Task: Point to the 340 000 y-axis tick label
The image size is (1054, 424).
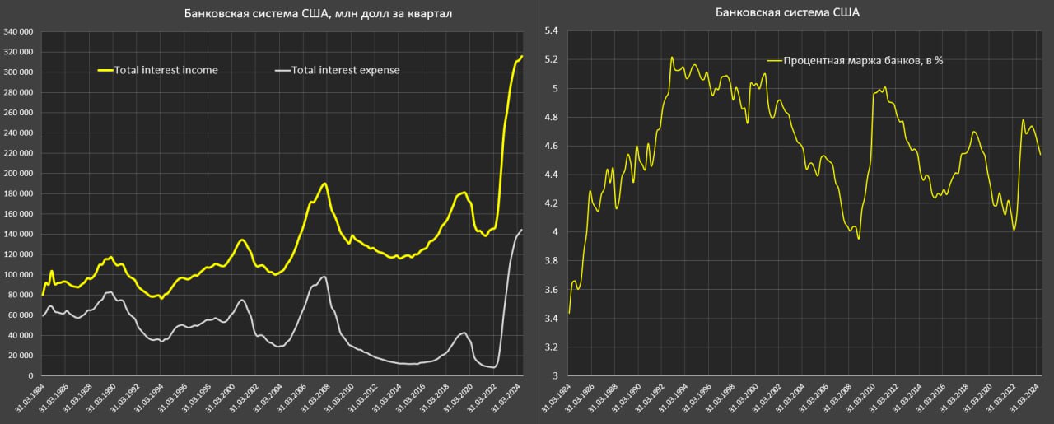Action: pos(18,32)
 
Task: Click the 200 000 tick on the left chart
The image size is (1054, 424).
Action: pos(18,174)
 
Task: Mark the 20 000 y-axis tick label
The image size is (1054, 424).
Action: pos(20,356)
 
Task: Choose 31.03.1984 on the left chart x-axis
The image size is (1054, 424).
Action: pos(33,401)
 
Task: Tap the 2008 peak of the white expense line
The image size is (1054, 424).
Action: pos(325,277)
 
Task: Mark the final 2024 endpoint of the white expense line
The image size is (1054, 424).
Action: pos(522,230)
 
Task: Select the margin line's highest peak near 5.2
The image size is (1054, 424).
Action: pos(672,58)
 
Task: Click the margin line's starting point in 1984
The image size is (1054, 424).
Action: pos(569,313)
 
